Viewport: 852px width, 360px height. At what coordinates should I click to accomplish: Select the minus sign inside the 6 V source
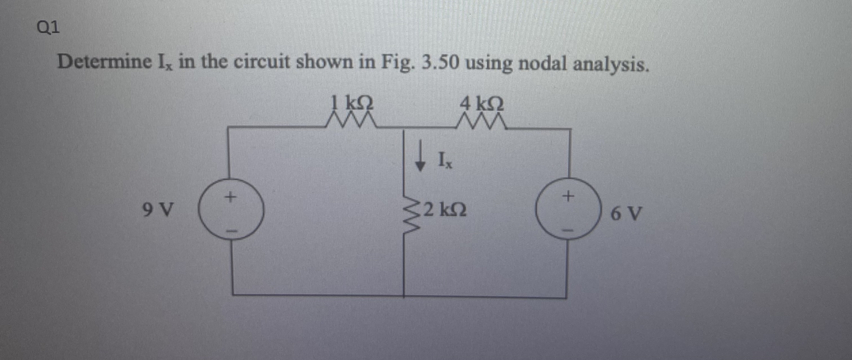click(x=569, y=230)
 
